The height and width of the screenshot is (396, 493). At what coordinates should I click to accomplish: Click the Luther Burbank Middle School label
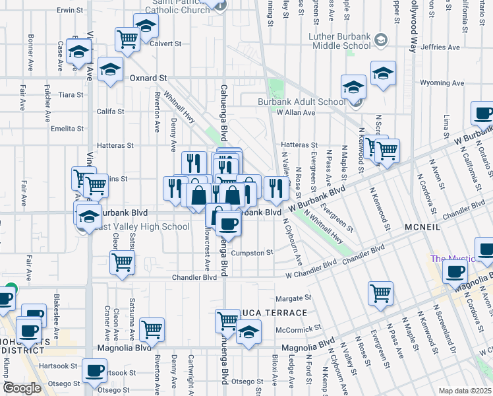pos(339,41)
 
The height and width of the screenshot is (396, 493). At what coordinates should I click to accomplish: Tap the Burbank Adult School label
pos(301,102)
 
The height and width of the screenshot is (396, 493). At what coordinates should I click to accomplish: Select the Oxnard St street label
pos(148,78)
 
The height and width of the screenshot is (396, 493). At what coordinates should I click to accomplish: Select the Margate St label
pos(293,298)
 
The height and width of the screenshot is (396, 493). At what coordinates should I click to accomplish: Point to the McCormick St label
pos(297,327)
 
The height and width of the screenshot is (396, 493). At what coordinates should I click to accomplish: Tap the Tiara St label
pos(71,95)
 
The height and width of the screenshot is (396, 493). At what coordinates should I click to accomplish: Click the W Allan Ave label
pos(295,113)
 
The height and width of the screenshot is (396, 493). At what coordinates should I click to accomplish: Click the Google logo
pos(22,388)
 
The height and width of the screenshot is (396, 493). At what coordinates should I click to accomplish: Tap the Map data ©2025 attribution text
pos(465,391)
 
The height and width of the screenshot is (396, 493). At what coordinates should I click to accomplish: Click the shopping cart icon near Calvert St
pos(127,39)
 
